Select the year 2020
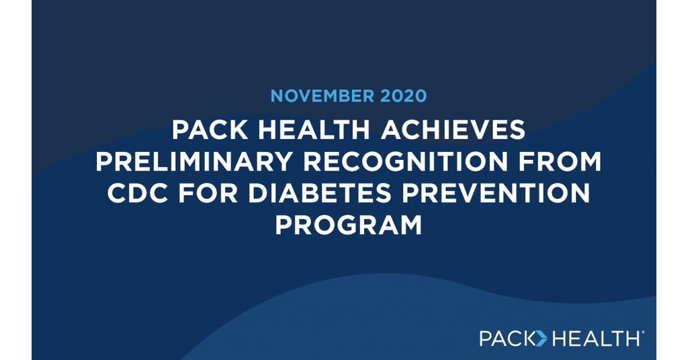click(x=402, y=95)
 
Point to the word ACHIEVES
click(x=453, y=131)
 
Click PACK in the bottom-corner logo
click(x=506, y=338)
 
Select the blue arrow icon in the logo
click(x=541, y=338)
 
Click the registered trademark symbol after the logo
click(x=644, y=332)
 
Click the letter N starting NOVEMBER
click(x=277, y=95)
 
